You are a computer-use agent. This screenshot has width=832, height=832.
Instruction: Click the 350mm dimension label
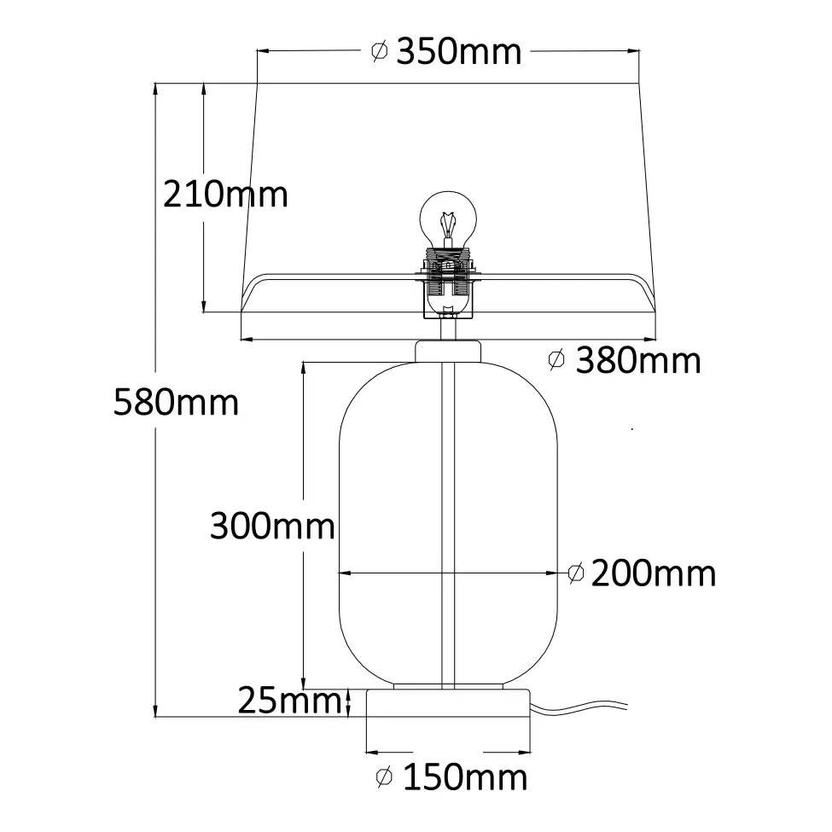tap(459, 52)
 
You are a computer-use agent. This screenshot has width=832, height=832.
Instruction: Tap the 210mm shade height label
tap(225, 195)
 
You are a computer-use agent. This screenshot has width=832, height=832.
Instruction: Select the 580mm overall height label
tap(176, 402)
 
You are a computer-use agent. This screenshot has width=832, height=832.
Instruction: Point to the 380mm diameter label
tap(638, 360)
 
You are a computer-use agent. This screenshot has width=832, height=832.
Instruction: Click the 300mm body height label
tap(272, 526)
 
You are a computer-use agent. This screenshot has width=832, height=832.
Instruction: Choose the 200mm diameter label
tap(653, 573)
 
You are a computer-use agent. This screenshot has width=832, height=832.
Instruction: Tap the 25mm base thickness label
tap(290, 701)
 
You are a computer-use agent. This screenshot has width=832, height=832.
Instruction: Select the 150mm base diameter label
tap(465, 777)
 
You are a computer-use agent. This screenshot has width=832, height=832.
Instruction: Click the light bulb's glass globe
tap(448, 218)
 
